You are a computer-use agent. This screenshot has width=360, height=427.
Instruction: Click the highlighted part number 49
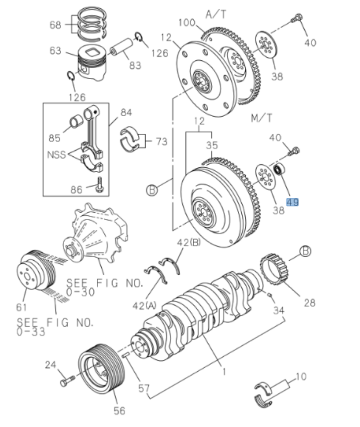(292, 202)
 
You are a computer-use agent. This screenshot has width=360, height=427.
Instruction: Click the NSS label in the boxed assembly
(56, 154)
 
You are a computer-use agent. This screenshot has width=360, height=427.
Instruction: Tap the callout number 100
(188, 23)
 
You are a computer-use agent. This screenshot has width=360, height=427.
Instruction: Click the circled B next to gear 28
(306, 250)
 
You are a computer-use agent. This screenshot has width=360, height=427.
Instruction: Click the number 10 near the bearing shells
(301, 376)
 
